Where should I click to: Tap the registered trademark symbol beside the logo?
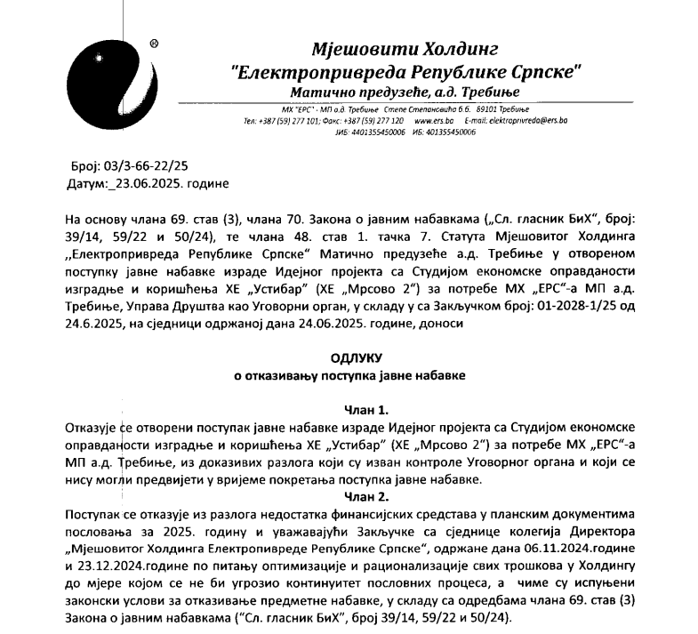(154, 43)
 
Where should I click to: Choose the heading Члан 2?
(365, 496)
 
